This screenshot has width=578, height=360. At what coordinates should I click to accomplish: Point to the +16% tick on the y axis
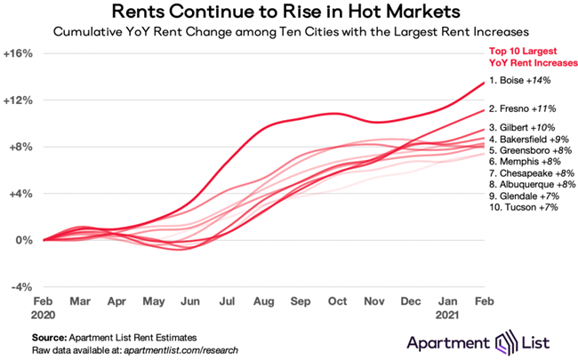point(19,53)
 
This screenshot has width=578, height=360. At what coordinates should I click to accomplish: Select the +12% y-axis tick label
point(19,100)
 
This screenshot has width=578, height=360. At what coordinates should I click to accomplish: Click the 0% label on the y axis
point(23,240)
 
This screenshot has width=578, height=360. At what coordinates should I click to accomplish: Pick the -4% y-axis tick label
point(20,287)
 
